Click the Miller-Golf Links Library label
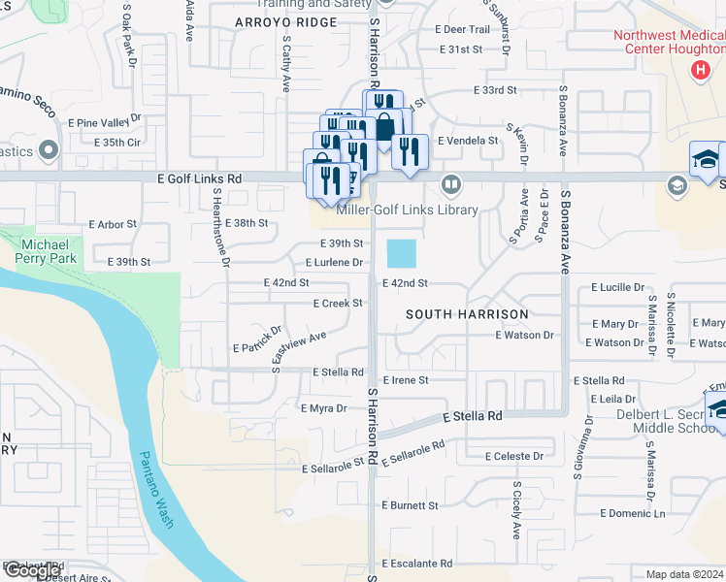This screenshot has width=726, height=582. (x=407, y=210)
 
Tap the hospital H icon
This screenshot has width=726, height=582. (x=699, y=70)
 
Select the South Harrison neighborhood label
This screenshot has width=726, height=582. (x=467, y=314)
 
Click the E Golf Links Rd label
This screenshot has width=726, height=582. (x=199, y=179)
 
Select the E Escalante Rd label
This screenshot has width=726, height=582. (x=417, y=563)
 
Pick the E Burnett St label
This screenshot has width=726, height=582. (x=411, y=505)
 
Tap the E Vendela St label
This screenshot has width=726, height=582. (x=468, y=141)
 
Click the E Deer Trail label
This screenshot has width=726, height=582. (x=466, y=30)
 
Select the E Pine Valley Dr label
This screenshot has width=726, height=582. (x=105, y=122)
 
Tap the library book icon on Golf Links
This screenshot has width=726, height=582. (x=451, y=183)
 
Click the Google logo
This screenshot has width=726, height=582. (x=32, y=570)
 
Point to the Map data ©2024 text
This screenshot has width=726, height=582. (x=685, y=574)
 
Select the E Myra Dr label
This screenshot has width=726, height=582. (x=324, y=408)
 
